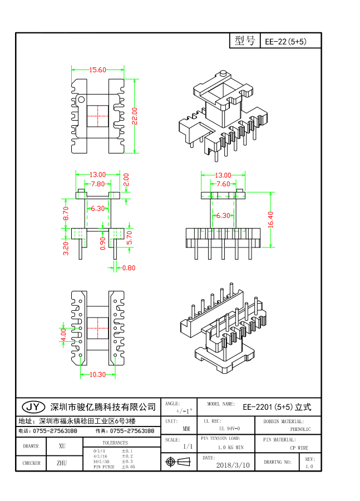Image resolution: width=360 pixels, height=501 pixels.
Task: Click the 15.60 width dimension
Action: coord(97,70)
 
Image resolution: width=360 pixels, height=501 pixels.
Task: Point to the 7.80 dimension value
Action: coord(97,184)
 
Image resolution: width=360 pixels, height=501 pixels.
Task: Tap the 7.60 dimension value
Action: coord(223,184)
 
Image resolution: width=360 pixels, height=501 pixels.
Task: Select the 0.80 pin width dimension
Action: coord(128,268)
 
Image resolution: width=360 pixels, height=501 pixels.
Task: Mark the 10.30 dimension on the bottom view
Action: coord(97,375)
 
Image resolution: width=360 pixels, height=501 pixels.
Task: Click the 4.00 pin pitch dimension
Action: coord(63,335)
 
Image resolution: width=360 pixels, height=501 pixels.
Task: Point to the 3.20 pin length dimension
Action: coord(66,247)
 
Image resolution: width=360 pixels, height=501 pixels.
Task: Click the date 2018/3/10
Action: coord(233,465)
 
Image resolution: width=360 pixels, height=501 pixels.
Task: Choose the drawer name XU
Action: coord(62,447)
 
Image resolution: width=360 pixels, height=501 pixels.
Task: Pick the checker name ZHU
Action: coord(62,463)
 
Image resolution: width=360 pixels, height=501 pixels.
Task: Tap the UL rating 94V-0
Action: coord(229,429)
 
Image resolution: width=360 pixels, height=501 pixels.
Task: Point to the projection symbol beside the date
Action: coord(179,462)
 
